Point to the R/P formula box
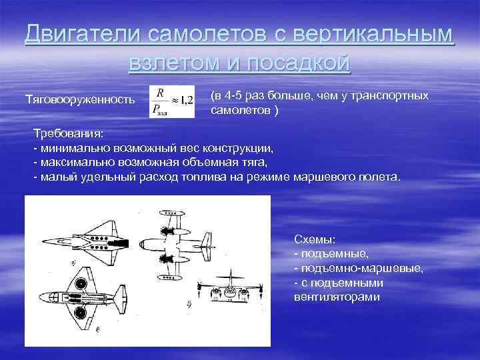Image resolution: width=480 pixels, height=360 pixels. pos(172,101)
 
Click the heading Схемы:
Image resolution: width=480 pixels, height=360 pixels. pos(311,239)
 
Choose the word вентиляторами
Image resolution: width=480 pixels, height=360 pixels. pos(337,297)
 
